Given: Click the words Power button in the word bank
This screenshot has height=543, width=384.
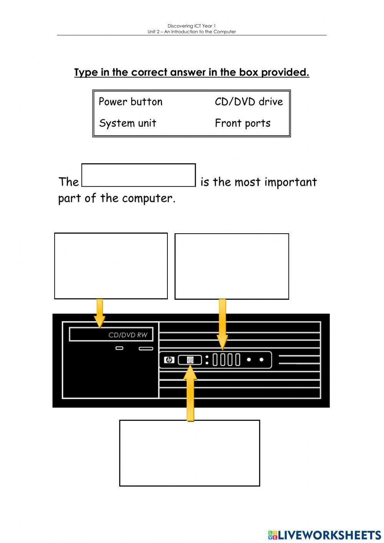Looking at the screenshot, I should point(131,102).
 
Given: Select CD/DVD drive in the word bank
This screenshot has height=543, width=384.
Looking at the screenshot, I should point(248,102).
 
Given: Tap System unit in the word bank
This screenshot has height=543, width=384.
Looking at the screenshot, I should point(127,123).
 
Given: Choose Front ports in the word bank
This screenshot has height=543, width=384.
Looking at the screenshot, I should point(242,123).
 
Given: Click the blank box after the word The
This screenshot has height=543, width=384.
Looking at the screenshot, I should point(139,176).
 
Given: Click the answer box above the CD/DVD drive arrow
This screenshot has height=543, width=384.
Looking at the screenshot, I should point(111,266).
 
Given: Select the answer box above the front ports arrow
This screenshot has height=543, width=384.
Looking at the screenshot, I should point(232,266).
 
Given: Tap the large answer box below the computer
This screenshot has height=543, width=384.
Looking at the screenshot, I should point(189,453).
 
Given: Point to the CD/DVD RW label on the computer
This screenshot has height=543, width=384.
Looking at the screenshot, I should point(128,335).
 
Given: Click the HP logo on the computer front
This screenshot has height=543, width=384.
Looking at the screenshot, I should point(169,360).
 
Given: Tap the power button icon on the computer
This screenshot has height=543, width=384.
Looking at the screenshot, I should point(190,360).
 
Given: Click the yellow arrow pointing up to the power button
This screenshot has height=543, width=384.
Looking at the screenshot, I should point(190,396).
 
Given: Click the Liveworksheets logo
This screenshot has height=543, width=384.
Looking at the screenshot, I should point(324,535).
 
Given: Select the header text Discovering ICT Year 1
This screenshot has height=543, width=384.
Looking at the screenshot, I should point(192,26).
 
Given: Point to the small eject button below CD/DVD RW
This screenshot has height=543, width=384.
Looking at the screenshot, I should point(119,349).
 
